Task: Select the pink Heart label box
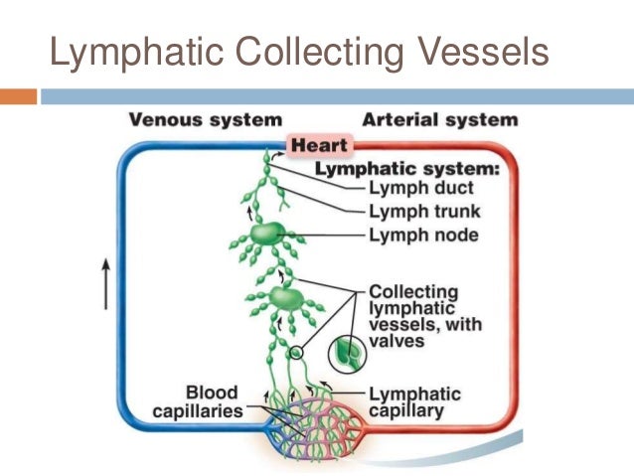click(318, 146)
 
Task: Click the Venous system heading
click(206, 120)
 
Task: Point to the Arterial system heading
click(439, 120)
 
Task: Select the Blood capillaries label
click(204, 401)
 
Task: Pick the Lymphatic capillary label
click(413, 401)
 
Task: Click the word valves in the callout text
click(396, 340)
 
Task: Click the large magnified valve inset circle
click(347, 351)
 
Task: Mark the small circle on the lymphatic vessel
click(294, 353)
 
